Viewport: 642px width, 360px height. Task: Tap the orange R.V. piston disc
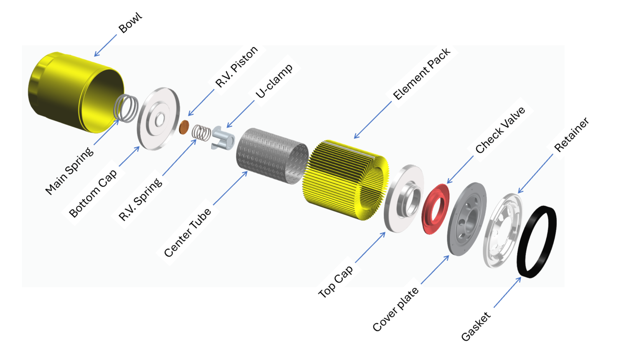coord(184,127)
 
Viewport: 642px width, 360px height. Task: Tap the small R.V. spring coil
coord(201,133)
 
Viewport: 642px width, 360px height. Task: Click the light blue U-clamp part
coord(223,138)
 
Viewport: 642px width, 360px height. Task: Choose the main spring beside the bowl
coord(126,108)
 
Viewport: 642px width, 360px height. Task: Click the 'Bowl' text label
coord(130,23)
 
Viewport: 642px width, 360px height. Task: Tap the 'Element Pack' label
coord(421,74)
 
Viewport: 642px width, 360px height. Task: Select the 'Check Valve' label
coord(500,130)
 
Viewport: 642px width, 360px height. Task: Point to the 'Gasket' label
coord(476,327)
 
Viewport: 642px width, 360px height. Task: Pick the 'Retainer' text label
coord(571,135)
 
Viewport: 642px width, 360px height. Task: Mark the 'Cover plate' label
coord(395,309)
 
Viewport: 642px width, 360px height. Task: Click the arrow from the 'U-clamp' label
coord(240,114)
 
